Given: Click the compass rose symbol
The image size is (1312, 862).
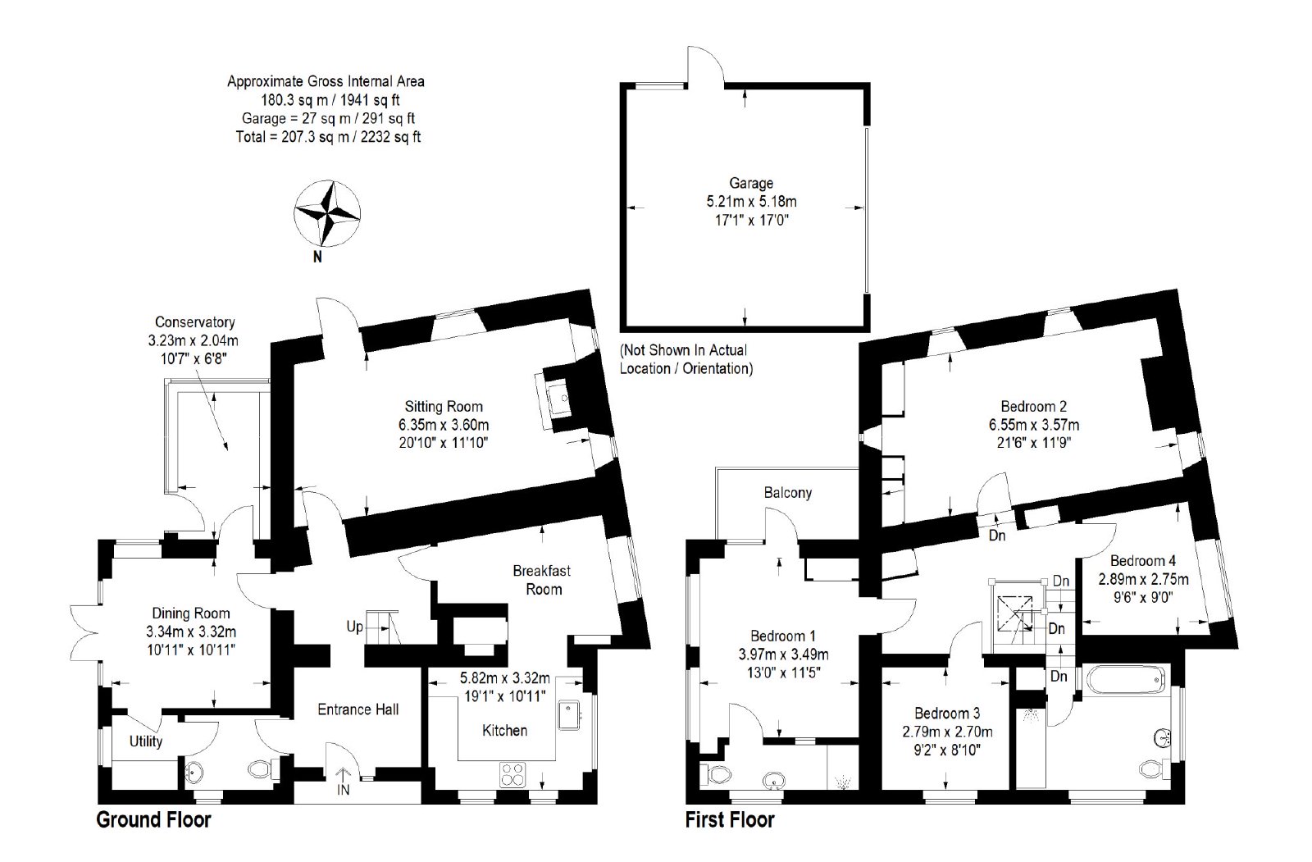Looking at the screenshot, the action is [x=327, y=212].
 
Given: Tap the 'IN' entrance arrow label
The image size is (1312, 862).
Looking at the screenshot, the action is [x=344, y=789].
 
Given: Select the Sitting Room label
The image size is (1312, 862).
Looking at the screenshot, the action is [x=444, y=406].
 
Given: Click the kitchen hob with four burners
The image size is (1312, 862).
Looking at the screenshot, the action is [x=512, y=774].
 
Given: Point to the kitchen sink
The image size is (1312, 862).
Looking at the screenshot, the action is [x=569, y=714].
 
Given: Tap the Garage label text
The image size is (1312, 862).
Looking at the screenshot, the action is [x=751, y=184].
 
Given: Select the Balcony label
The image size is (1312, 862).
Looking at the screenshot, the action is [x=788, y=492].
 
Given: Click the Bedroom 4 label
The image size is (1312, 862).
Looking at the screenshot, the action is [x=1143, y=561].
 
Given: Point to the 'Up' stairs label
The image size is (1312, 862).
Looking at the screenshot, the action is [x=355, y=627].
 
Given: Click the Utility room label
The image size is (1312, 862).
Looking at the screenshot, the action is [x=146, y=741].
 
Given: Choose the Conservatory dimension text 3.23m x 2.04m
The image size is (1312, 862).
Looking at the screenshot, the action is [x=194, y=340].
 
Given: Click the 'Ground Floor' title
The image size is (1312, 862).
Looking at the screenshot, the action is [x=153, y=820].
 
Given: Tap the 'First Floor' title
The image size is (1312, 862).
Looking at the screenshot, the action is [x=730, y=820].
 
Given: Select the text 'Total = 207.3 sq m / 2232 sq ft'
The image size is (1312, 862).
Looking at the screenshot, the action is [x=328, y=137].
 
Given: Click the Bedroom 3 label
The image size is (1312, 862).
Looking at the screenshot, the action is [x=947, y=714].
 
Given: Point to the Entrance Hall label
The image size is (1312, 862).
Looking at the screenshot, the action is [x=358, y=709].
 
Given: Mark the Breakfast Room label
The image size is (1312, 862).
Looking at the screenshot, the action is [x=542, y=580].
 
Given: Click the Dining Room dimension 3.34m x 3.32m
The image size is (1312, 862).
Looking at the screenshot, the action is [x=191, y=632].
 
